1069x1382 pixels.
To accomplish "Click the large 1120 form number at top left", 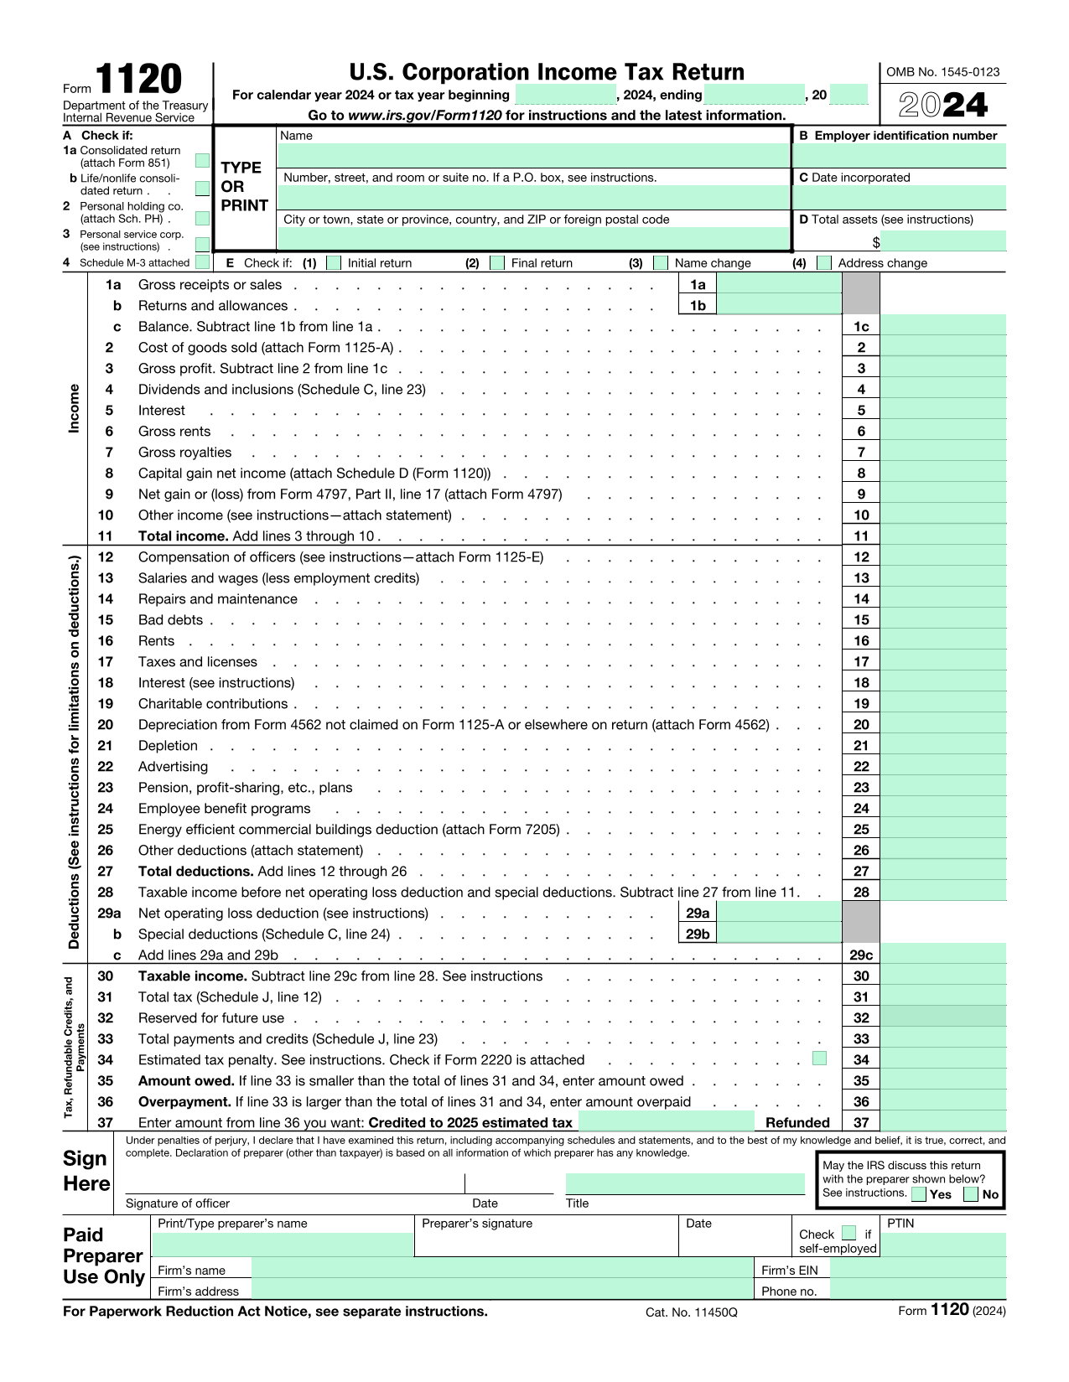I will coord(138,80).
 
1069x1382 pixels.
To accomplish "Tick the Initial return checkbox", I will coord(334,262).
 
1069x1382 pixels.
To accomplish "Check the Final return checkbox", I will coord(497,262).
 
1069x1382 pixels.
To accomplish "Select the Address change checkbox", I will coord(824,262).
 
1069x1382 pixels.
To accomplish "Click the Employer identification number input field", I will coord(899,156).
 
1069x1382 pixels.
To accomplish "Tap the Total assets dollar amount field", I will coord(943,242).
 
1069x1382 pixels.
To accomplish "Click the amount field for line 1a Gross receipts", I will coord(779,284).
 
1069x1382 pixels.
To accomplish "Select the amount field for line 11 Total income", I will coord(943,536).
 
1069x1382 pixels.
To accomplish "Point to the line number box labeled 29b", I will coord(698,934).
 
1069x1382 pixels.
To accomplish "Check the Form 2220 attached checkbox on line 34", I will coord(820,1058).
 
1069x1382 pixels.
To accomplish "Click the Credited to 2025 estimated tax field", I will coord(667,1122).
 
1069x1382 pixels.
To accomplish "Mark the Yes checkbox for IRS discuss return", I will coord(919,1194).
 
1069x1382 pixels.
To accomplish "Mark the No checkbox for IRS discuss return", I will coord(972,1194).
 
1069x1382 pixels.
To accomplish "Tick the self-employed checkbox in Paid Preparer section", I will coord(848,1233).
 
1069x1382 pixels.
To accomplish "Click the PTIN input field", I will coord(943,1245).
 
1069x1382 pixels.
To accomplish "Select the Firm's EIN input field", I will coord(917,1269).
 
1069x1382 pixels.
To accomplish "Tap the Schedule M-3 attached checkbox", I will coord(202,262).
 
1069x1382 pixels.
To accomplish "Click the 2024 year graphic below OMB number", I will coord(943,105).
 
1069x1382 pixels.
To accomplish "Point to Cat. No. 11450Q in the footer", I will coord(691,1312).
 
